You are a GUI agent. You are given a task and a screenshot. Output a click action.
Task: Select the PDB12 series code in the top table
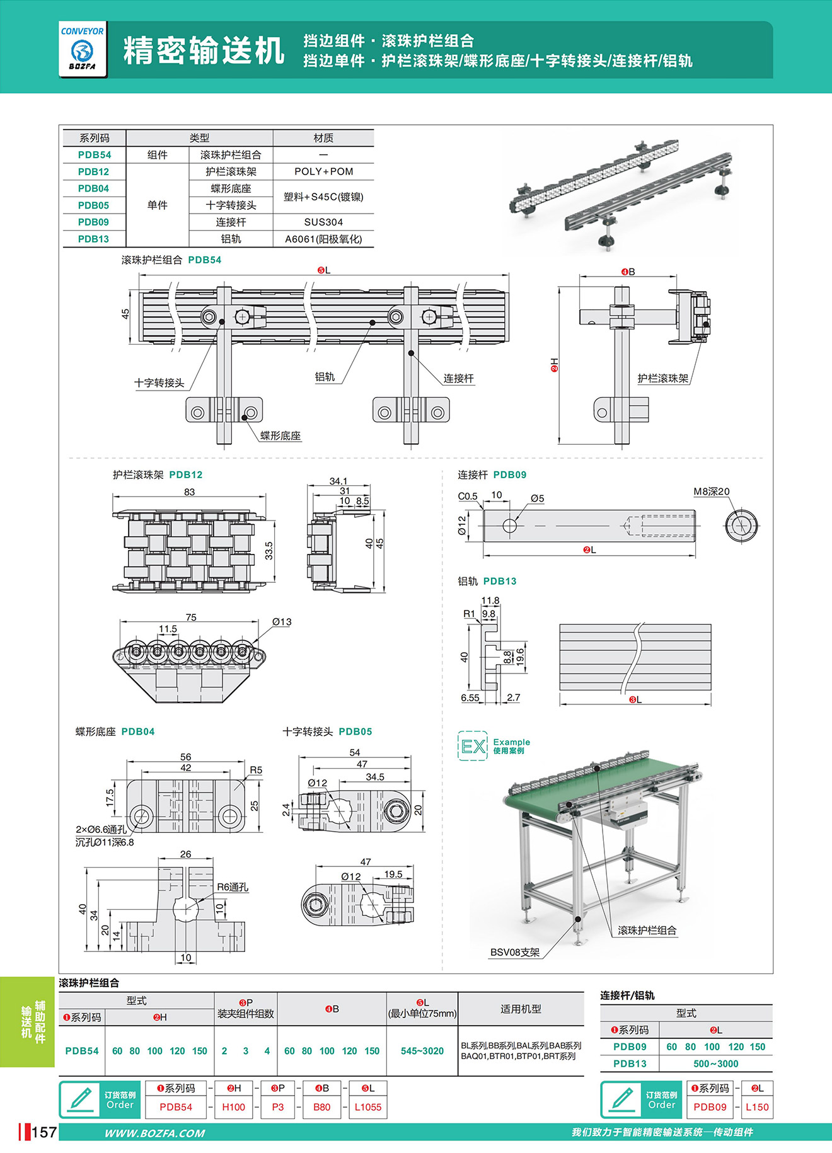93,171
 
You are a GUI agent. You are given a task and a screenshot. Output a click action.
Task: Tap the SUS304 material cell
323,222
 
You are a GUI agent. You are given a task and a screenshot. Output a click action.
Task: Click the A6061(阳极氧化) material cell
323,239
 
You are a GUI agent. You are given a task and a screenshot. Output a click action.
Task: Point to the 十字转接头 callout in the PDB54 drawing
159,383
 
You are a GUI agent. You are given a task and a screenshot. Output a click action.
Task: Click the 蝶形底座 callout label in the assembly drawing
280,435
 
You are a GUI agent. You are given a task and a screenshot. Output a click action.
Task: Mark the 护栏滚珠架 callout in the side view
662,378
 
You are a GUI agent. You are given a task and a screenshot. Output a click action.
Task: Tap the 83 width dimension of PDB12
189,491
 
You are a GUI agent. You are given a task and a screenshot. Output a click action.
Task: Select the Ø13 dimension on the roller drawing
282,622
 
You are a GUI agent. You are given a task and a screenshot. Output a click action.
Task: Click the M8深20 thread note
711,491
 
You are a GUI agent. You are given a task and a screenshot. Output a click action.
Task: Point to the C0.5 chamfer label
468,496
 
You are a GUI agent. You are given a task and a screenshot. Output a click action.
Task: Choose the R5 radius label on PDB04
256,770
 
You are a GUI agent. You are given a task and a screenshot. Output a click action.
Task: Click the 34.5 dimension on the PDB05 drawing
374,777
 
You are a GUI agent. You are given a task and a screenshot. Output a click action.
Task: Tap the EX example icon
473,747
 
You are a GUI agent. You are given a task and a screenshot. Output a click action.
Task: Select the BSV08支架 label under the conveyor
515,952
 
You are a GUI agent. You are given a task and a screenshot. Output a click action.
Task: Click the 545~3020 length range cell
422,1051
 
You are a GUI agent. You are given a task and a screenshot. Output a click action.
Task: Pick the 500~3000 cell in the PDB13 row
715,1064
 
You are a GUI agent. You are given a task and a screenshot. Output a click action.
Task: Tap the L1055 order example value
368,1107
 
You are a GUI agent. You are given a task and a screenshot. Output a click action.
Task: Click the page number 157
43,1133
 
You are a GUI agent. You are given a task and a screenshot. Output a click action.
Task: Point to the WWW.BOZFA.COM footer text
154,1133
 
